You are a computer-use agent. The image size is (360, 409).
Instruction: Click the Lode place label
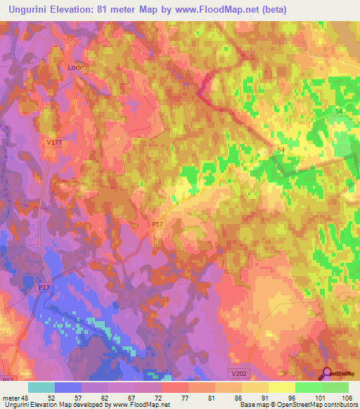coord(75,67)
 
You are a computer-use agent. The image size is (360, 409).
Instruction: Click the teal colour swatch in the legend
coord(41,387)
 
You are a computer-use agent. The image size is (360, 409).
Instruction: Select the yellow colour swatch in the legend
coord(281,387)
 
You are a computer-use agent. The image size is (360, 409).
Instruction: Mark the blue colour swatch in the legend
coord(67,387)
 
